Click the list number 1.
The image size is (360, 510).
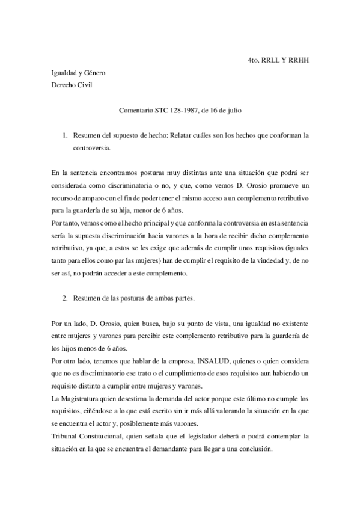(66, 136)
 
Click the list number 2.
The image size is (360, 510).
(66, 298)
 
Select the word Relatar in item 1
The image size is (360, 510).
(182, 136)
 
